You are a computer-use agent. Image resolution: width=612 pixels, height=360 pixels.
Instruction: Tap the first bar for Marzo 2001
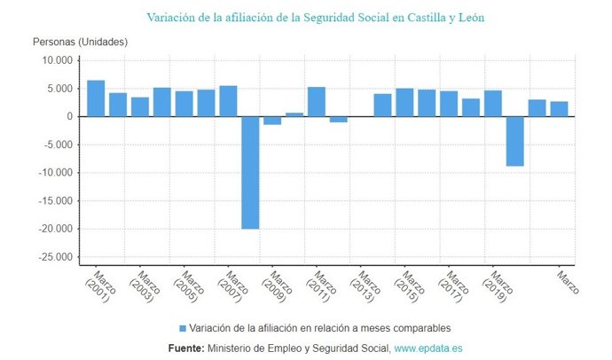96,98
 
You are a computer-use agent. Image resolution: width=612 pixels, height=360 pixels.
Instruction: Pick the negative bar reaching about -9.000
514,141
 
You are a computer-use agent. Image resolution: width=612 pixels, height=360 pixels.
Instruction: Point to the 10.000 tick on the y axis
56,60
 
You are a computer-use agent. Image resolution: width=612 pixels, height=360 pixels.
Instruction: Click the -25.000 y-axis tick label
54,257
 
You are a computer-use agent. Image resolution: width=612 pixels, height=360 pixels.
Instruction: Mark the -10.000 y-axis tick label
54,173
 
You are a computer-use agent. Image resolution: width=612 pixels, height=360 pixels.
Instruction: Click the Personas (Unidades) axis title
80,42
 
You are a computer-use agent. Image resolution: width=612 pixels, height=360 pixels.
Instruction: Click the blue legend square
183,327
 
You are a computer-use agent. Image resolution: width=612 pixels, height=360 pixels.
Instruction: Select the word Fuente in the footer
186,348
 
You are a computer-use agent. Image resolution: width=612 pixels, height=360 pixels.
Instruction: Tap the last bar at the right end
559,109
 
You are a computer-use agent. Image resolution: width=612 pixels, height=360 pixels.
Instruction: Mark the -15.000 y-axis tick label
54,201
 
